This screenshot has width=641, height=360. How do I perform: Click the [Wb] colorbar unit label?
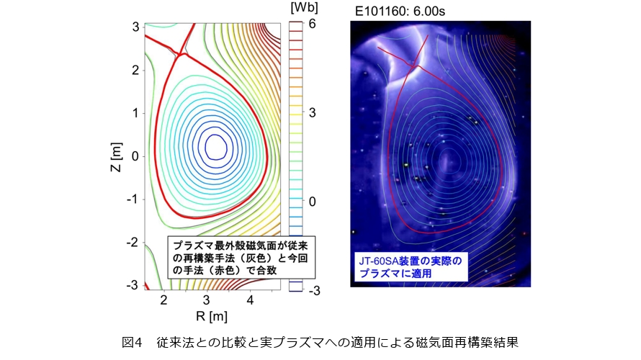coord(300,8)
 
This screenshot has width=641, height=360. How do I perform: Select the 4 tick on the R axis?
coord(250,299)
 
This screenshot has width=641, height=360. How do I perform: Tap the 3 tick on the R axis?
coord(207,299)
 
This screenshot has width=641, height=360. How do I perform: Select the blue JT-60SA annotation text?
coord(409,265)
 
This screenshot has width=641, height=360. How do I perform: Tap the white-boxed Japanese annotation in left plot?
coord(241,257)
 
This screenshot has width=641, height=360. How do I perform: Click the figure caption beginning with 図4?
coord(320,341)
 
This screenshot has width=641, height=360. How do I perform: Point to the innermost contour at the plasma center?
coord(215,146)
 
